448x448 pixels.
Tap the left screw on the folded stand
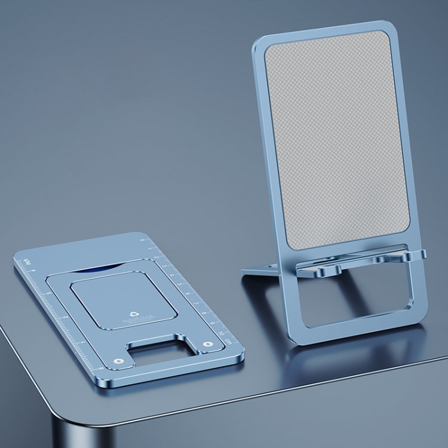pos(119,361)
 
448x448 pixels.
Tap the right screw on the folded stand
pos(208,344)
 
